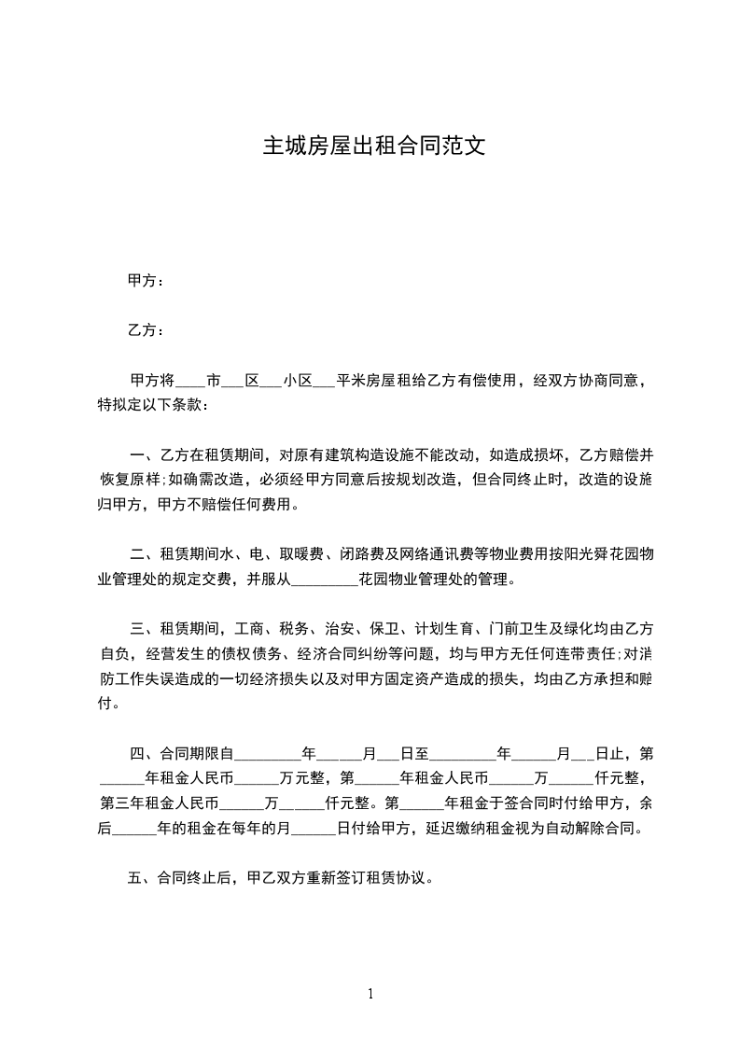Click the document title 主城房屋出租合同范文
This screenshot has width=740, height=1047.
click(370, 147)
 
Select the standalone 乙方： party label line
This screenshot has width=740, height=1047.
click(147, 330)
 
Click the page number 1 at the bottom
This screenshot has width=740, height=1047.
click(370, 993)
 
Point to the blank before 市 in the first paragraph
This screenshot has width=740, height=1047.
click(189, 383)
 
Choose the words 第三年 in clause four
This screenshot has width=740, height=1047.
click(121, 803)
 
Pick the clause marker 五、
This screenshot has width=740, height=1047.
click(140, 878)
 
